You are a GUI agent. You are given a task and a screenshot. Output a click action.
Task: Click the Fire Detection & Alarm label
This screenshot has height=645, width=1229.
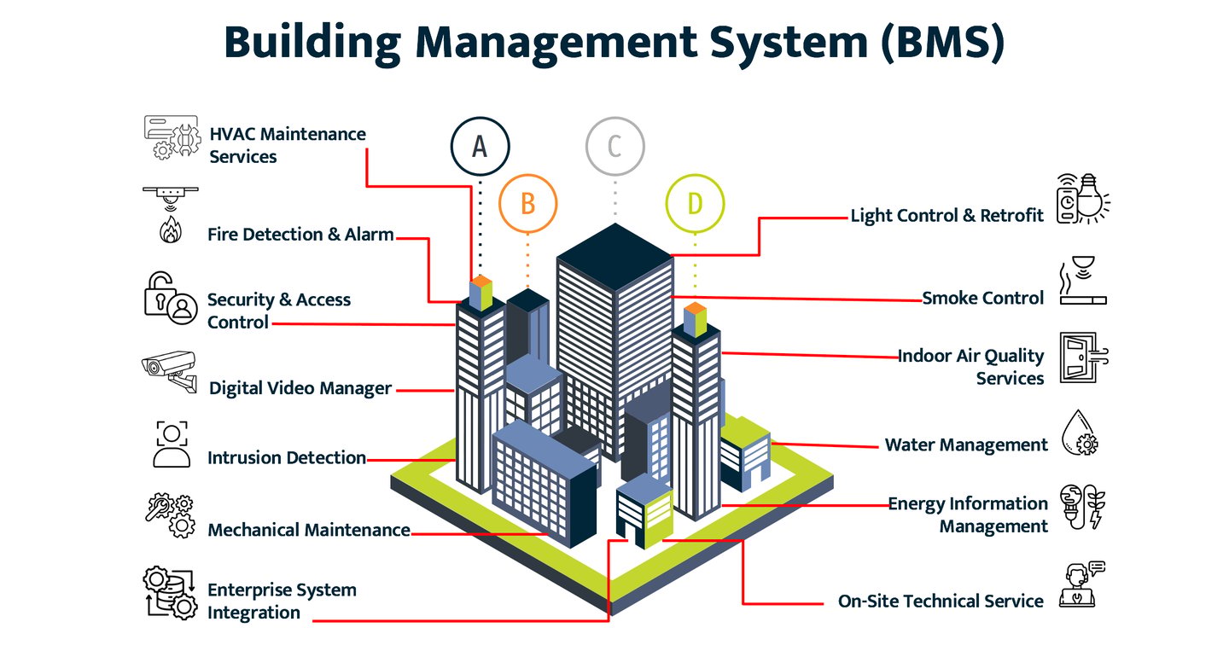(x=300, y=235)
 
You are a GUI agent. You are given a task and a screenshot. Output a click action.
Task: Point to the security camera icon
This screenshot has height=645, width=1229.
(x=169, y=371)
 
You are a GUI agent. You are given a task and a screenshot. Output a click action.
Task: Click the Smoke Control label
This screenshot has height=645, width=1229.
(x=982, y=298)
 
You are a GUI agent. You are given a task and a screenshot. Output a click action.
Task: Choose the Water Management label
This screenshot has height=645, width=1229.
(x=966, y=445)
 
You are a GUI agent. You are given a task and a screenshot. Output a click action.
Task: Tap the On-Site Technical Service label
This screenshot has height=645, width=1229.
(x=941, y=601)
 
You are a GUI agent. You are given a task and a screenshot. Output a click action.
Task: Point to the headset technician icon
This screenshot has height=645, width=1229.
(x=1081, y=584)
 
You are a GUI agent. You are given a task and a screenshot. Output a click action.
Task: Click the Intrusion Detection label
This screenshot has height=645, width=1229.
(x=287, y=458)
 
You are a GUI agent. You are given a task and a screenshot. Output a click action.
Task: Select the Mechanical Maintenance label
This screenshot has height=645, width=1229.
(x=309, y=531)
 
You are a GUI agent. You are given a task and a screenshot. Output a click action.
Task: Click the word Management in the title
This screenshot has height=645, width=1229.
(x=556, y=43)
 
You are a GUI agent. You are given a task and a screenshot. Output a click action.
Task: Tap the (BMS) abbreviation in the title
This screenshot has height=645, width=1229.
(x=942, y=42)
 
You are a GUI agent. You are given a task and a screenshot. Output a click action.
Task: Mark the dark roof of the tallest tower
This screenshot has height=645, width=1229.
(x=615, y=256)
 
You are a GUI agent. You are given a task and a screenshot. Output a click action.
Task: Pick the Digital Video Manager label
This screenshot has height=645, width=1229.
(x=300, y=388)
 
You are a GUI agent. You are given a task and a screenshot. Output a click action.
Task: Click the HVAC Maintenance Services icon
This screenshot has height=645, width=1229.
(x=172, y=137)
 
